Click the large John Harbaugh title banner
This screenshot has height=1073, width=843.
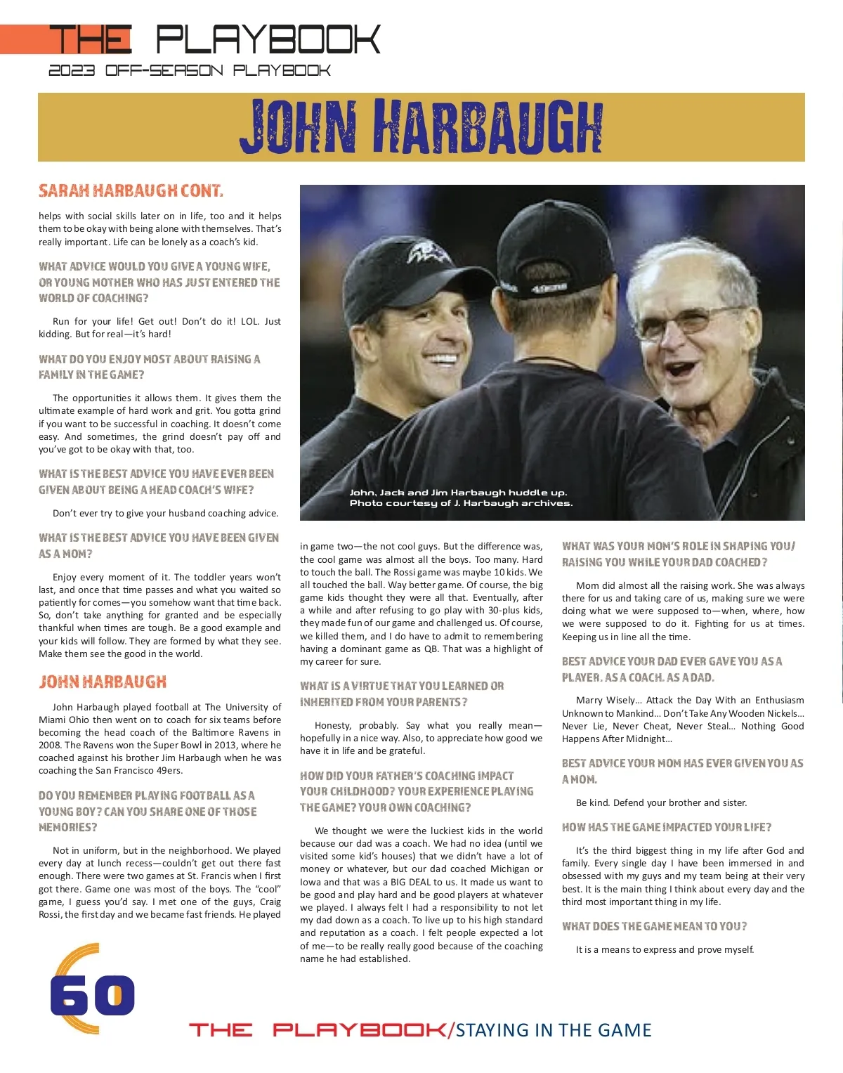tap(421, 126)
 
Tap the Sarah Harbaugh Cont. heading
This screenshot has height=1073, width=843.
tap(131, 190)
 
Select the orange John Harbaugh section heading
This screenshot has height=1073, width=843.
tap(103, 682)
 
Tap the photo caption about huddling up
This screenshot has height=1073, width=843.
tap(461, 498)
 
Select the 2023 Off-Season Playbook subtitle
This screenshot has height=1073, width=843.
tap(190, 70)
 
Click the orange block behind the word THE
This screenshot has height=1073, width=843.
tap(28, 39)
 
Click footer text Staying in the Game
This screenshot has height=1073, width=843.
tap(554, 1030)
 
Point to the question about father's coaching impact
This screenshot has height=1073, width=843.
tap(416, 791)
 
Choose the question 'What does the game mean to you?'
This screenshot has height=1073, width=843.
tap(654, 926)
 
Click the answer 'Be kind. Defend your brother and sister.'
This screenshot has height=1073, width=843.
tap(661, 802)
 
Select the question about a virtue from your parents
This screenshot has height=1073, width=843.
tap(402, 694)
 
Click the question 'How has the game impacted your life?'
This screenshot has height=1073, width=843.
tap(666, 827)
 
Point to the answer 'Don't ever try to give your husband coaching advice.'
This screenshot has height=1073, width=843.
tap(165, 513)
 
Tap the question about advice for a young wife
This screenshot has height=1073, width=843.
tap(159, 282)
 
